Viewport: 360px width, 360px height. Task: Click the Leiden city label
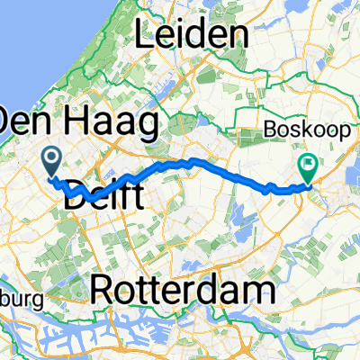click(x=191, y=35)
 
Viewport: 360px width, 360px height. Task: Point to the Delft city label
click(x=105, y=192)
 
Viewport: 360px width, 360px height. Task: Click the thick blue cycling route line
click(x=225, y=169)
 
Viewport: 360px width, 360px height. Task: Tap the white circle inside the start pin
click(x=51, y=159)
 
